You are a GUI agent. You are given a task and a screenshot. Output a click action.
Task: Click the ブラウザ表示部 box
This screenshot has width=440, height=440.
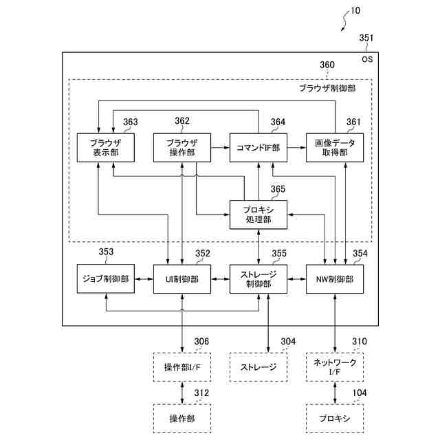coord(106,148)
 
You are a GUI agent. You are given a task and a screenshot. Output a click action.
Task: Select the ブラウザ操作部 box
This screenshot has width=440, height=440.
coord(182,148)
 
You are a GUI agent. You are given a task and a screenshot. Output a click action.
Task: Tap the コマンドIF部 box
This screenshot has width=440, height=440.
coord(258,148)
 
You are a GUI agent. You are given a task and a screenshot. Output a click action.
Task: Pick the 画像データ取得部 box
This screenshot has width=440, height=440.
coord(335,148)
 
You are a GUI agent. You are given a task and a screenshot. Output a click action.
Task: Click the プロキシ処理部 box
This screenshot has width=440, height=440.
coord(258,214)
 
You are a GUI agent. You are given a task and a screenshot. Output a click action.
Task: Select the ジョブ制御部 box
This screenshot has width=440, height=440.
coord(106,279)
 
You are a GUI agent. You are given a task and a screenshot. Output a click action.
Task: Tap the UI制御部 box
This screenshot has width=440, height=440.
coord(182,279)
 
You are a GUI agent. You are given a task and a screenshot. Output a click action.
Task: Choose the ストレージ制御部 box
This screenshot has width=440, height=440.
coord(258,279)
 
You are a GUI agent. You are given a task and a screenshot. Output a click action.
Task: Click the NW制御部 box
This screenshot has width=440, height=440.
coord(335,279)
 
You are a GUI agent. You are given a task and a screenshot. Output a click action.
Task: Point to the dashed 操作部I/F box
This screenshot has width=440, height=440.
coord(182,367)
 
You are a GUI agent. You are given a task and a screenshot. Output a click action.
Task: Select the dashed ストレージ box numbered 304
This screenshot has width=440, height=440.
coord(258,367)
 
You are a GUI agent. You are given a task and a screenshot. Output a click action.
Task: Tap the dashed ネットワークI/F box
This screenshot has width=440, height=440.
coord(335,367)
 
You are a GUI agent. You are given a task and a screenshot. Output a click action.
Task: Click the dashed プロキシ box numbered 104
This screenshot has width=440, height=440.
coord(335,419)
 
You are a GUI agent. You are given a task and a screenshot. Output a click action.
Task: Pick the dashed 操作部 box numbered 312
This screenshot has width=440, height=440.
coord(182,419)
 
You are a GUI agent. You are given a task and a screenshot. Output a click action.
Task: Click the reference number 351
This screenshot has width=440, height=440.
coord(366,38)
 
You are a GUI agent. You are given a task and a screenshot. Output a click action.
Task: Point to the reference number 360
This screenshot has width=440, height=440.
coord(327,65)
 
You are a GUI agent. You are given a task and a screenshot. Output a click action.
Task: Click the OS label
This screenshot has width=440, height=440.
coord(367,59)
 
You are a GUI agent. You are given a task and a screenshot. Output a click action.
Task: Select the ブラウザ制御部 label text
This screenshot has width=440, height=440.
coord(327,89)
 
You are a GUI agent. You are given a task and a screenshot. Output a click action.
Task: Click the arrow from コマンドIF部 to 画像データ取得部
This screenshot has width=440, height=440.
coord(296,148)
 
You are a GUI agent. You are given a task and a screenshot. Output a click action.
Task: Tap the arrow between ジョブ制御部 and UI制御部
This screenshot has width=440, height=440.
coord(144,279)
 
